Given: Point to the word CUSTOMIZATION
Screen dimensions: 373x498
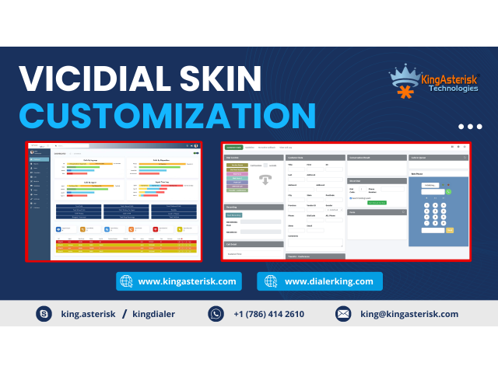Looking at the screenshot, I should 167,115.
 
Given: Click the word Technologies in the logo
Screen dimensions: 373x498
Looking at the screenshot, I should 453,89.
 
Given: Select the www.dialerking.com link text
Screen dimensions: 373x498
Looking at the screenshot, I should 328,281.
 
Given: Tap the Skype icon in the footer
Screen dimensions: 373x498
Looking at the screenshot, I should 44,314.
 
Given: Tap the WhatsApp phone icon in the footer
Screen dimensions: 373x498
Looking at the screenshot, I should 216,314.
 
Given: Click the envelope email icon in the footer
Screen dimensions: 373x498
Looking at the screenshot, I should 343,314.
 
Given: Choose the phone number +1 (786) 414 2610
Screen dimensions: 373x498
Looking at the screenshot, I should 268,314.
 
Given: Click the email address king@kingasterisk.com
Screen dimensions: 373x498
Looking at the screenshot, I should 409,314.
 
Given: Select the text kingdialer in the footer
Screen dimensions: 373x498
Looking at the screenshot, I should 154,314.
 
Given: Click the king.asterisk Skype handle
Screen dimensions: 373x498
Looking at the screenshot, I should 87,314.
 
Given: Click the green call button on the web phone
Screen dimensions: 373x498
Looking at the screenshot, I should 448,191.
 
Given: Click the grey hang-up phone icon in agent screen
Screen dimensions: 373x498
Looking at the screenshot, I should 265,180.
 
